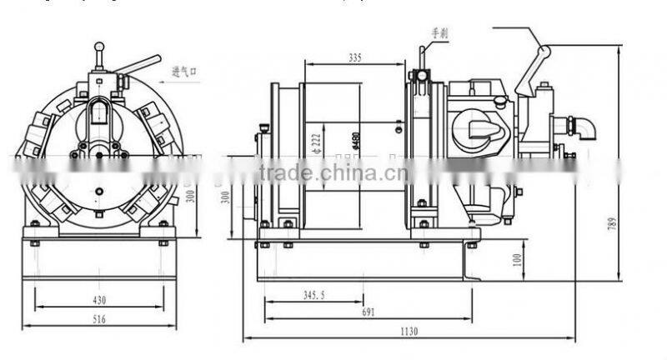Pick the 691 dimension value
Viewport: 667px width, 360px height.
367,313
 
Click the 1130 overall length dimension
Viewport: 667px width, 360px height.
409,332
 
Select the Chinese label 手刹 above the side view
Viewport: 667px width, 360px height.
439,33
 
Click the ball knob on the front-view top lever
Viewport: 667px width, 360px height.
99,48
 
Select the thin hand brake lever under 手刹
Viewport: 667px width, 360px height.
422,58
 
